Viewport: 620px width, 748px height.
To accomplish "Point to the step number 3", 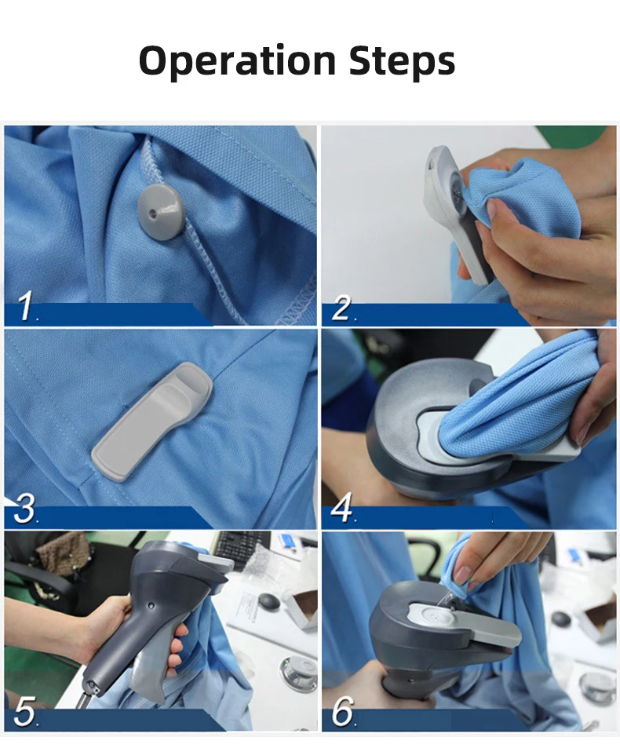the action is tap(25, 509).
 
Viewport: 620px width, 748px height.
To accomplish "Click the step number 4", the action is tap(341, 508).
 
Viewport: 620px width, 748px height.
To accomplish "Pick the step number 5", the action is tap(25, 710).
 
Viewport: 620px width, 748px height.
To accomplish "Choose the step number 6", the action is tap(342, 710).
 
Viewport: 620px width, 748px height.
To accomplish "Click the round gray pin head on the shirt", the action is tap(160, 209).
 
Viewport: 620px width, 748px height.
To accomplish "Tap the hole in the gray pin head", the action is tap(152, 214).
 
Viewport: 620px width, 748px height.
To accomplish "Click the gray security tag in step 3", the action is tap(151, 421).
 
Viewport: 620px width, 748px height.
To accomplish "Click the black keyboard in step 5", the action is tap(241, 549).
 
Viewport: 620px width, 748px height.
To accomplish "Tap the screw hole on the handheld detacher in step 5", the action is tap(151, 605).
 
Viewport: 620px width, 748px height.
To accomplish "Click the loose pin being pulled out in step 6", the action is tap(446, 597).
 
